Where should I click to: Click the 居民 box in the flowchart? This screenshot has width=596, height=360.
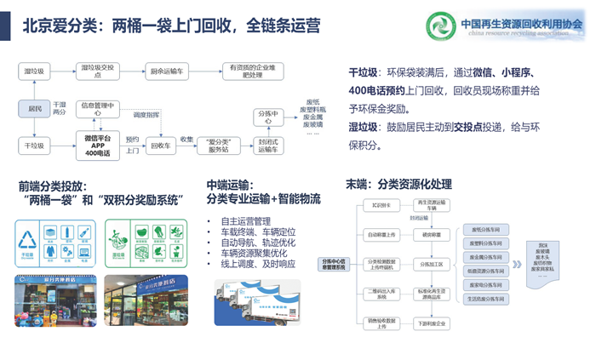pos(35,108)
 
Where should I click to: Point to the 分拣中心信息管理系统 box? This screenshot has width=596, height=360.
pos(333,264)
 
